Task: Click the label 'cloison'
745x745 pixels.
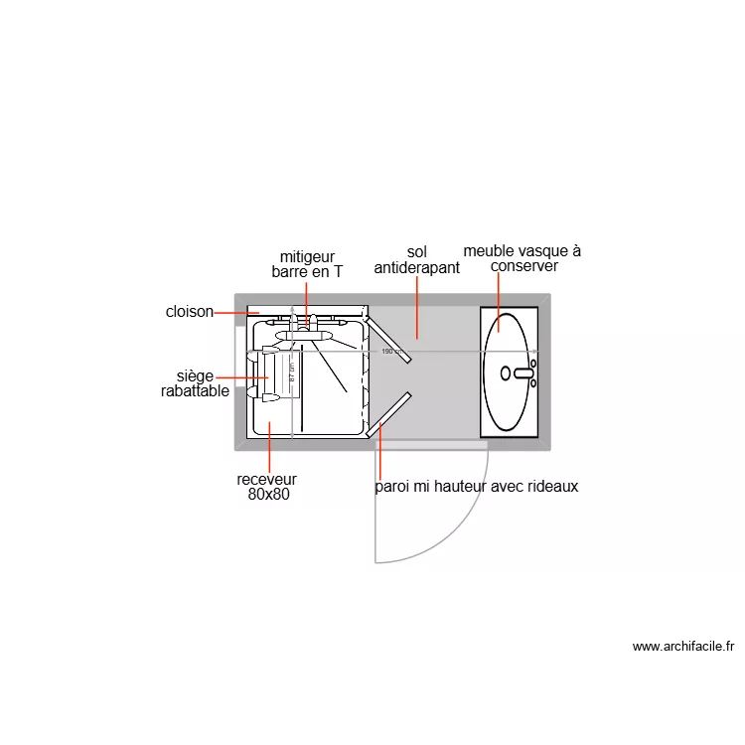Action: [189, 312]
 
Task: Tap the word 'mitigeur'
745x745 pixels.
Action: [307, 256]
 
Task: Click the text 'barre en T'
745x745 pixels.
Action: [307, 271]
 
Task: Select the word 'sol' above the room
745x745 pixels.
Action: [416, 252]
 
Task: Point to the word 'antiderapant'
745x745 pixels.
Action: [416, 268]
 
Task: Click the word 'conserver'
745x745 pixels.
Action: [524, 266]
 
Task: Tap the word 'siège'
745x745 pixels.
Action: [195, 376]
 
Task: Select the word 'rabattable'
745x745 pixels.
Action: [195, 391]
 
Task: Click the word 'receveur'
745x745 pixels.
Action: [266, 480]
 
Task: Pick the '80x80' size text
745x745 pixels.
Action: [268, 495]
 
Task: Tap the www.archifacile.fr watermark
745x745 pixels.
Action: [683, 647]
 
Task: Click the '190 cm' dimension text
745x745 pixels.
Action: [391, 351]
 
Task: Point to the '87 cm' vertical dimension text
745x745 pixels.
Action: [292, 372]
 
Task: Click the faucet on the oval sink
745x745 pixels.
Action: [522, 373]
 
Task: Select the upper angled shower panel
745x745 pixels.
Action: [387, 337]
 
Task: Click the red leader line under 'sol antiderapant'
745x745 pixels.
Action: [416, 308]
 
